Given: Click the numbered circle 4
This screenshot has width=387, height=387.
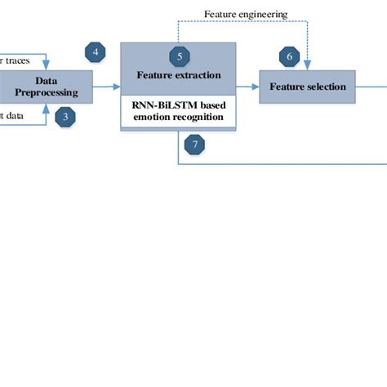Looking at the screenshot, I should pyautogui.click(x=96, y=53).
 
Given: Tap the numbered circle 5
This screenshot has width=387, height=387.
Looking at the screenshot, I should pyautogui.click(x=180, y=56).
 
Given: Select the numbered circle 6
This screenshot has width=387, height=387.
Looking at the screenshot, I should pyautogui.click(x=289, y=56).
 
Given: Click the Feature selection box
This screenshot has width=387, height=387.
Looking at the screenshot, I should pyautogui.click(x=309, y=87).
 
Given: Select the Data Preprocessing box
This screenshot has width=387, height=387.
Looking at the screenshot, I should pyautogui.click(x=45, y=86).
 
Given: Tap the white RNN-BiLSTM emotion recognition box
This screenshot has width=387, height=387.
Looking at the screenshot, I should pyautogui.click(x=179, y=111).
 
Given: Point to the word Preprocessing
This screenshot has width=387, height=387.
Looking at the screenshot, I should pyautogui.click(x=46, y=92).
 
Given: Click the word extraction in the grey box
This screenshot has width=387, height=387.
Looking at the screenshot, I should pyautogui.click(x=200, y=75).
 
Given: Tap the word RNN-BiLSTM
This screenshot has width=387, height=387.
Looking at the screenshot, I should pyautogui.click(x=160, y=105).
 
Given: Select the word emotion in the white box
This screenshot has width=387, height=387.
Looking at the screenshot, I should pyautogui.click(x=153, y=117).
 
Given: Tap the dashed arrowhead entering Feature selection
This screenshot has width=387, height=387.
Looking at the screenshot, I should pyautogui.click(x=309, y=65).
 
